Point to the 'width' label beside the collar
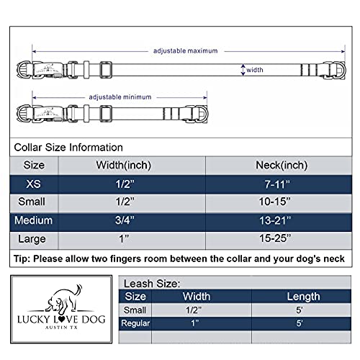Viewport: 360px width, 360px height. (256, 71)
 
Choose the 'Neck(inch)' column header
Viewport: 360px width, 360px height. (277, 165)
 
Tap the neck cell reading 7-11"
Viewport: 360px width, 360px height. (277, 184)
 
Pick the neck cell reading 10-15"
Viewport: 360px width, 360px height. (277, 202)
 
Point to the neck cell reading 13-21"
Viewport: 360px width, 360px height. (277, 221)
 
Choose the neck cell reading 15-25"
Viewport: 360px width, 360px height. (277, 239)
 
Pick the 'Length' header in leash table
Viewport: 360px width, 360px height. (302, 296)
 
